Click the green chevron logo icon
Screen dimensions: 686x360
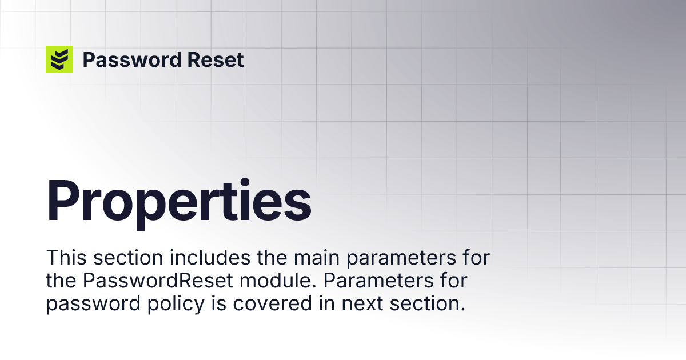[x=59, y=59]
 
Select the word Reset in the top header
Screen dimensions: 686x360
[x=216, y=59]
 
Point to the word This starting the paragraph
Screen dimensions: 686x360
[x=66, y=258]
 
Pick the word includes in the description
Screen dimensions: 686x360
[x=210, y=258]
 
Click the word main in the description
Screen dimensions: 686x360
[x=317, y=258]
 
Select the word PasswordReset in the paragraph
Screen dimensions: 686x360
[x=158, y=281]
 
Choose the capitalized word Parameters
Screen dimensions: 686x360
[x=378, y=281]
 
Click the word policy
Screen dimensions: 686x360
[x=176, y=304]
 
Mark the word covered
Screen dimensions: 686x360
[x=272, y=303]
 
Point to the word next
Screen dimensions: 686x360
[x=362, y=304]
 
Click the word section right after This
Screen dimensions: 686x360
[x=128, y=258]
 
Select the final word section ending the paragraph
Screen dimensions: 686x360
[x=428, y=303]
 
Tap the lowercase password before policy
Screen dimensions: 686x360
[x=93, y=304]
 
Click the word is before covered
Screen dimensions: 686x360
[x=218, y=303]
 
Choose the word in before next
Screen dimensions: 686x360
[x=327, y=303]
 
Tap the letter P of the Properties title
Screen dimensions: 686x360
[x=63, y=200]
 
